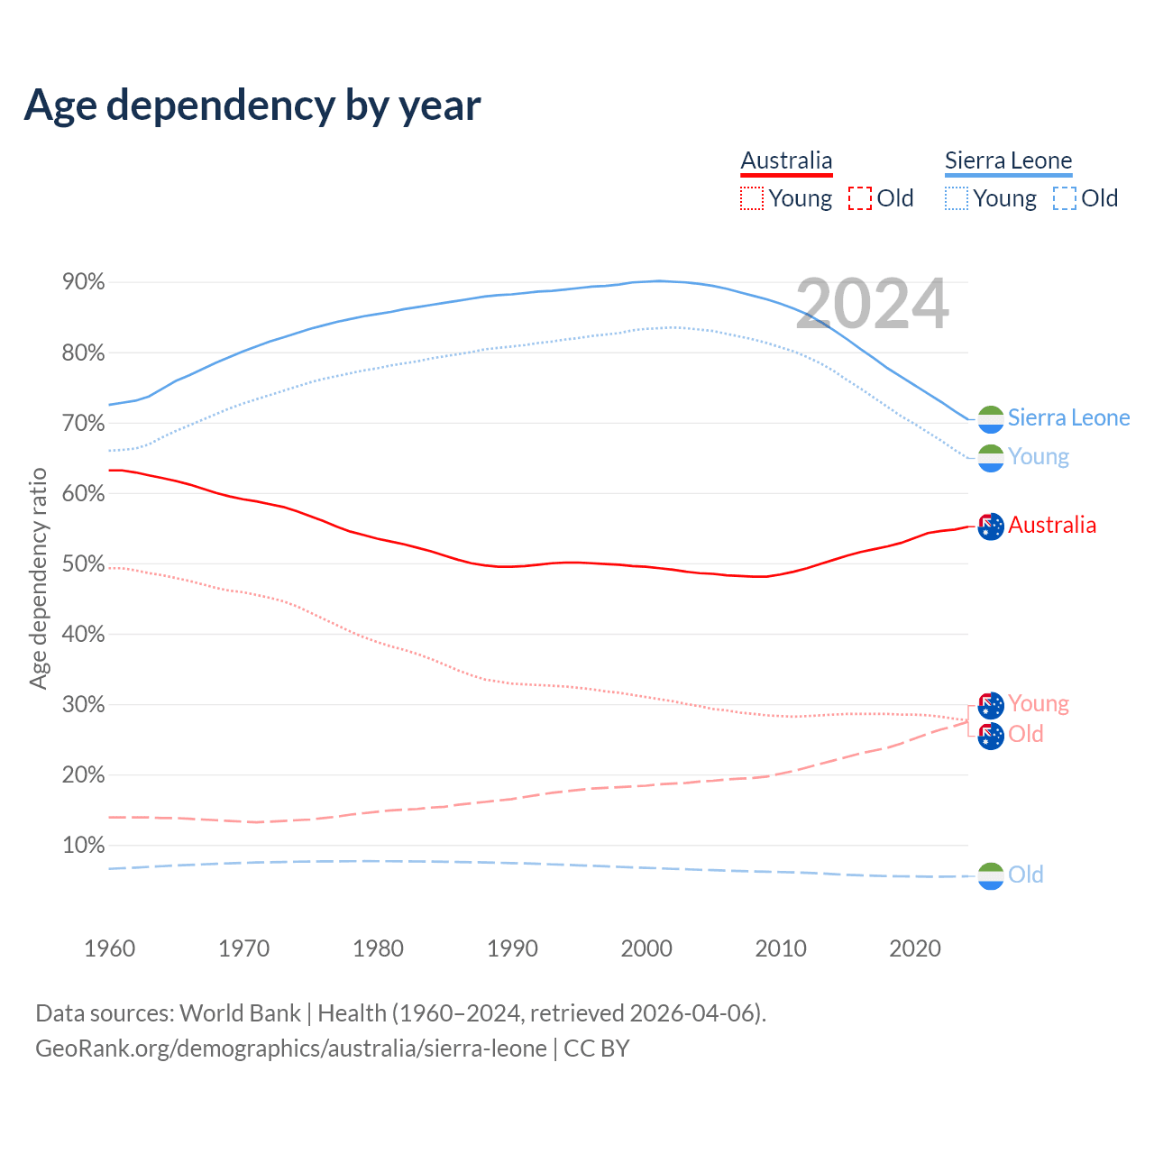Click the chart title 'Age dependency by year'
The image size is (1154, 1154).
[252, 105]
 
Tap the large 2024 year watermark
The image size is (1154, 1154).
[872, 304]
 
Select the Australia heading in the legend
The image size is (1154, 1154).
[786, 160]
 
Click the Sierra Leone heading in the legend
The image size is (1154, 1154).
[1008, 160]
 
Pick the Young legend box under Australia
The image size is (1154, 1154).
[752, 198]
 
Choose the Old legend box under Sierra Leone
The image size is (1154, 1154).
[1065, 198]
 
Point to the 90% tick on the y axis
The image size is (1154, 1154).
[84, 282]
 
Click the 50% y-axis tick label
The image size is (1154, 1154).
[84, 563]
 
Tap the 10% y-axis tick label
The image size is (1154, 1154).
[84, 845]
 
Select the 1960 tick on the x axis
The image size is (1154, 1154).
[109, 948]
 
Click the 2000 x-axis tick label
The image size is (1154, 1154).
[646, 948]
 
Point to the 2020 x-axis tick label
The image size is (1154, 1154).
[915, 948]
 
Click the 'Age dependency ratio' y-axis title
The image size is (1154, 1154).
[38, 578]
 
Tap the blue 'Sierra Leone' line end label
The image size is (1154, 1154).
[1068, 417]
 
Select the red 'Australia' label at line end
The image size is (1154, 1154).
[1052, 525]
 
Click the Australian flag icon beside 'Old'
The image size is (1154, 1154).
[991, 736]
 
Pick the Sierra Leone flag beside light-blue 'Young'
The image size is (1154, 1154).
[991, 457]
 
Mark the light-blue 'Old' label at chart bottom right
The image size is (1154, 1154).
[1025, 875]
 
